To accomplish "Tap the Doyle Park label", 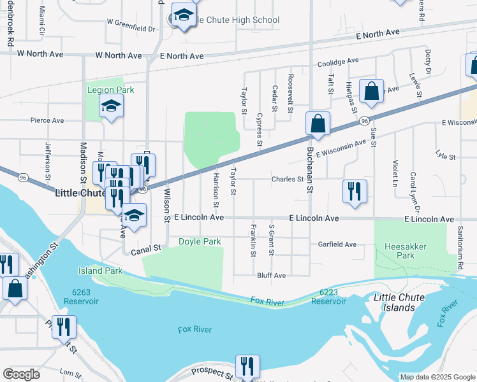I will point(200,241).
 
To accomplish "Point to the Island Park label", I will point(100,271).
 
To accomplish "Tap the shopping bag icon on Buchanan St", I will point(318,124).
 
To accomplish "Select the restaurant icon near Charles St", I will point(355,191).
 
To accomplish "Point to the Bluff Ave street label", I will point(272,276).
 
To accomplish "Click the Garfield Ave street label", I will point(337,244).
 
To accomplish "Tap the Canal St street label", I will point(146,251).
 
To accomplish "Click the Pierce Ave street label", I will point(47,120).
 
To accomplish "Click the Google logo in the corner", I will point(22,374).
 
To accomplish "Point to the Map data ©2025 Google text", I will point(437,377).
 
